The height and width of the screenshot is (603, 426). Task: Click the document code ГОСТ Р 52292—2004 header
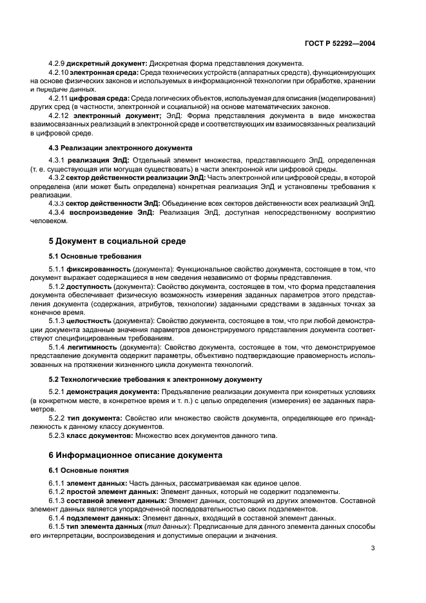339,43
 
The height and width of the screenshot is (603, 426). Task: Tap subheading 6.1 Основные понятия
84,470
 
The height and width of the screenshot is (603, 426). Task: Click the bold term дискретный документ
106,64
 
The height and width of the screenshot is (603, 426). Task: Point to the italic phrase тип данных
162,526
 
